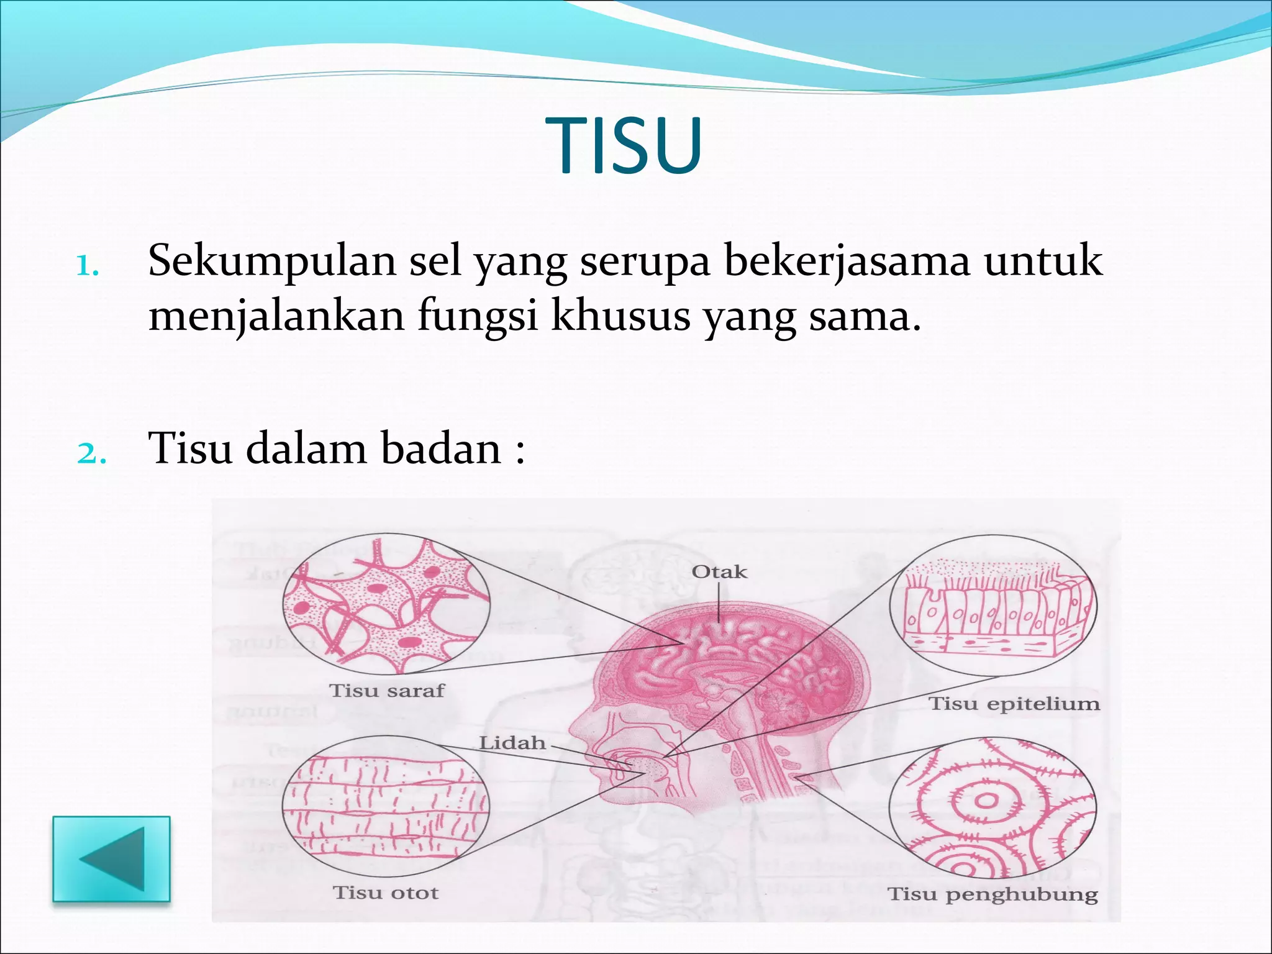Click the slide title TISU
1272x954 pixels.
tap(624, 147)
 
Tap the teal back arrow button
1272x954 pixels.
tap(112, 858)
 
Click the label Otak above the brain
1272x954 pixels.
tap(719, 572)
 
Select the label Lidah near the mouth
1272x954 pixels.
tap(512, 743)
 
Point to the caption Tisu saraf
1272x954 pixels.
tap(387, 691)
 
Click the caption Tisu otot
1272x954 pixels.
tap(386, 893)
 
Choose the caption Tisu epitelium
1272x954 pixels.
tap(1014, 704)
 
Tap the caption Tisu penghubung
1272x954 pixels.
tap(993, 894)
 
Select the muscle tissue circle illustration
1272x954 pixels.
tap(386, 806)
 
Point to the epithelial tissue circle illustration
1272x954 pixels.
tap(993, 606)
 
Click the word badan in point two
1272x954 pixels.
tap(440, 448)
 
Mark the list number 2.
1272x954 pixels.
tap(91, 454)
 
